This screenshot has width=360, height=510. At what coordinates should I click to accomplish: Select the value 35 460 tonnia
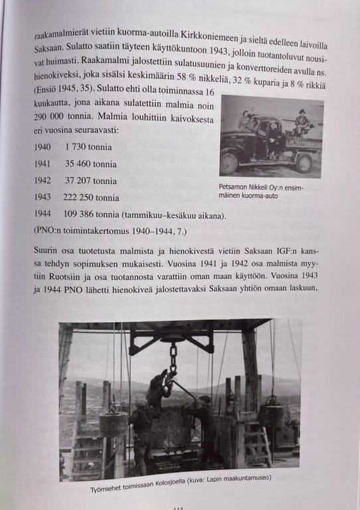(x=90, y=162)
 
